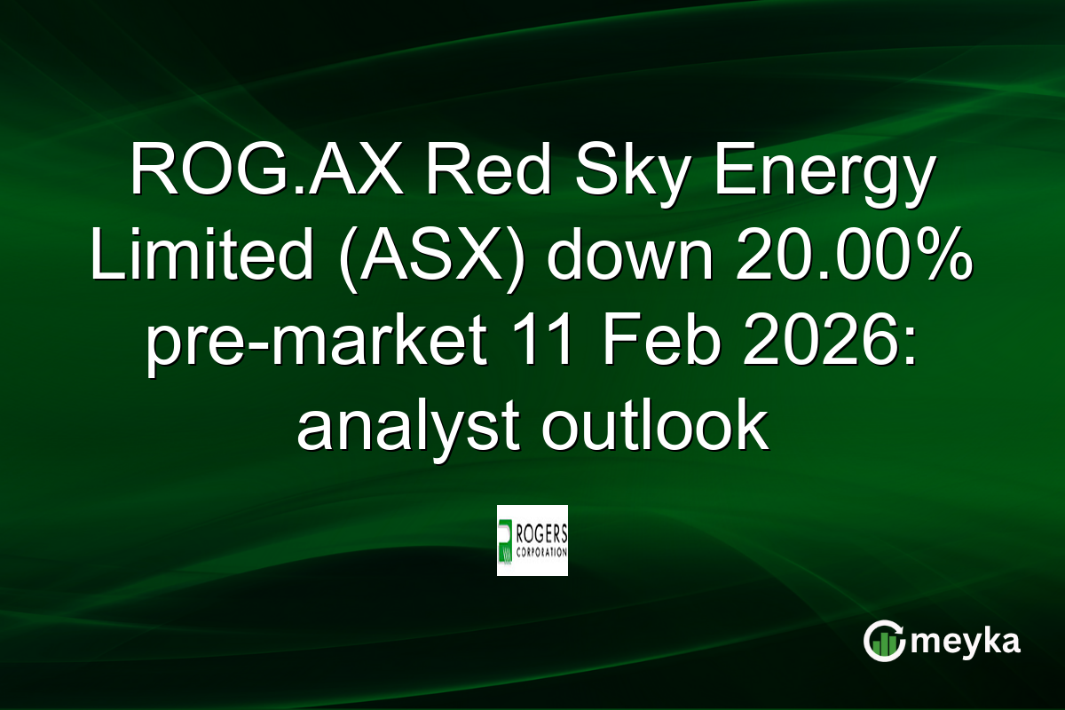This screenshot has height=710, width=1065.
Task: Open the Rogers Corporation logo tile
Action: pyautogui.click(x=532, y=540)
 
